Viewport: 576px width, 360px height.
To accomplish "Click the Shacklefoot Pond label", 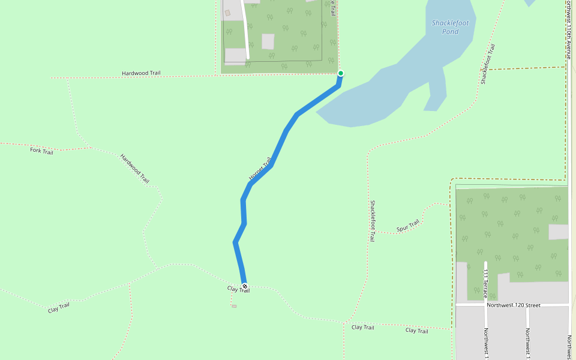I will tap(454, 27).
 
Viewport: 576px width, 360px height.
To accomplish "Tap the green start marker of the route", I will tap(341, 73).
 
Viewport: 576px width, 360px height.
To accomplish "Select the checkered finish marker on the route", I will tap(244, 286).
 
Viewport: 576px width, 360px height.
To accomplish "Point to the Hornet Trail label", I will tap(260, 169).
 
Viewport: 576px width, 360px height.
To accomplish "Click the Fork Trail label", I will tap(41, 151).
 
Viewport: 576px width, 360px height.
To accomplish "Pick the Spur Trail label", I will tap(408, 226).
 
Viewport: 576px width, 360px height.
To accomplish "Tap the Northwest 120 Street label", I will tap(513, 305).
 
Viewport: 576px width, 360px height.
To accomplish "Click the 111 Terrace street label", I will tap(485, 282).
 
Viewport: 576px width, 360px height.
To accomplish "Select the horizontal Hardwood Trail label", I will tap(141, 73).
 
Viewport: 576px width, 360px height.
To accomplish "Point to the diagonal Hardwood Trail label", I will tap(134, 168).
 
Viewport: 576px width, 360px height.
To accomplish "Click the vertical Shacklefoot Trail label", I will tap(373, 221).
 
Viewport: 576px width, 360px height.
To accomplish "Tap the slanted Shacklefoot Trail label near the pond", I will tap(488, 64).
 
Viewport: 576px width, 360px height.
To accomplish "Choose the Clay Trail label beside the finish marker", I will tap(238, 289).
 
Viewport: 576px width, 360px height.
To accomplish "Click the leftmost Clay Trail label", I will tap(59, 308).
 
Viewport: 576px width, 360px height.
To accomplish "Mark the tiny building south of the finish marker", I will tap(234, 306).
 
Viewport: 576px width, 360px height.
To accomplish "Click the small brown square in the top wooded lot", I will tap(227, 13).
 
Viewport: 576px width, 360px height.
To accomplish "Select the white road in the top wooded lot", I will tap(245, 30).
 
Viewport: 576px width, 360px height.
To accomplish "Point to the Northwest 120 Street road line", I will tap(468, 305).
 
